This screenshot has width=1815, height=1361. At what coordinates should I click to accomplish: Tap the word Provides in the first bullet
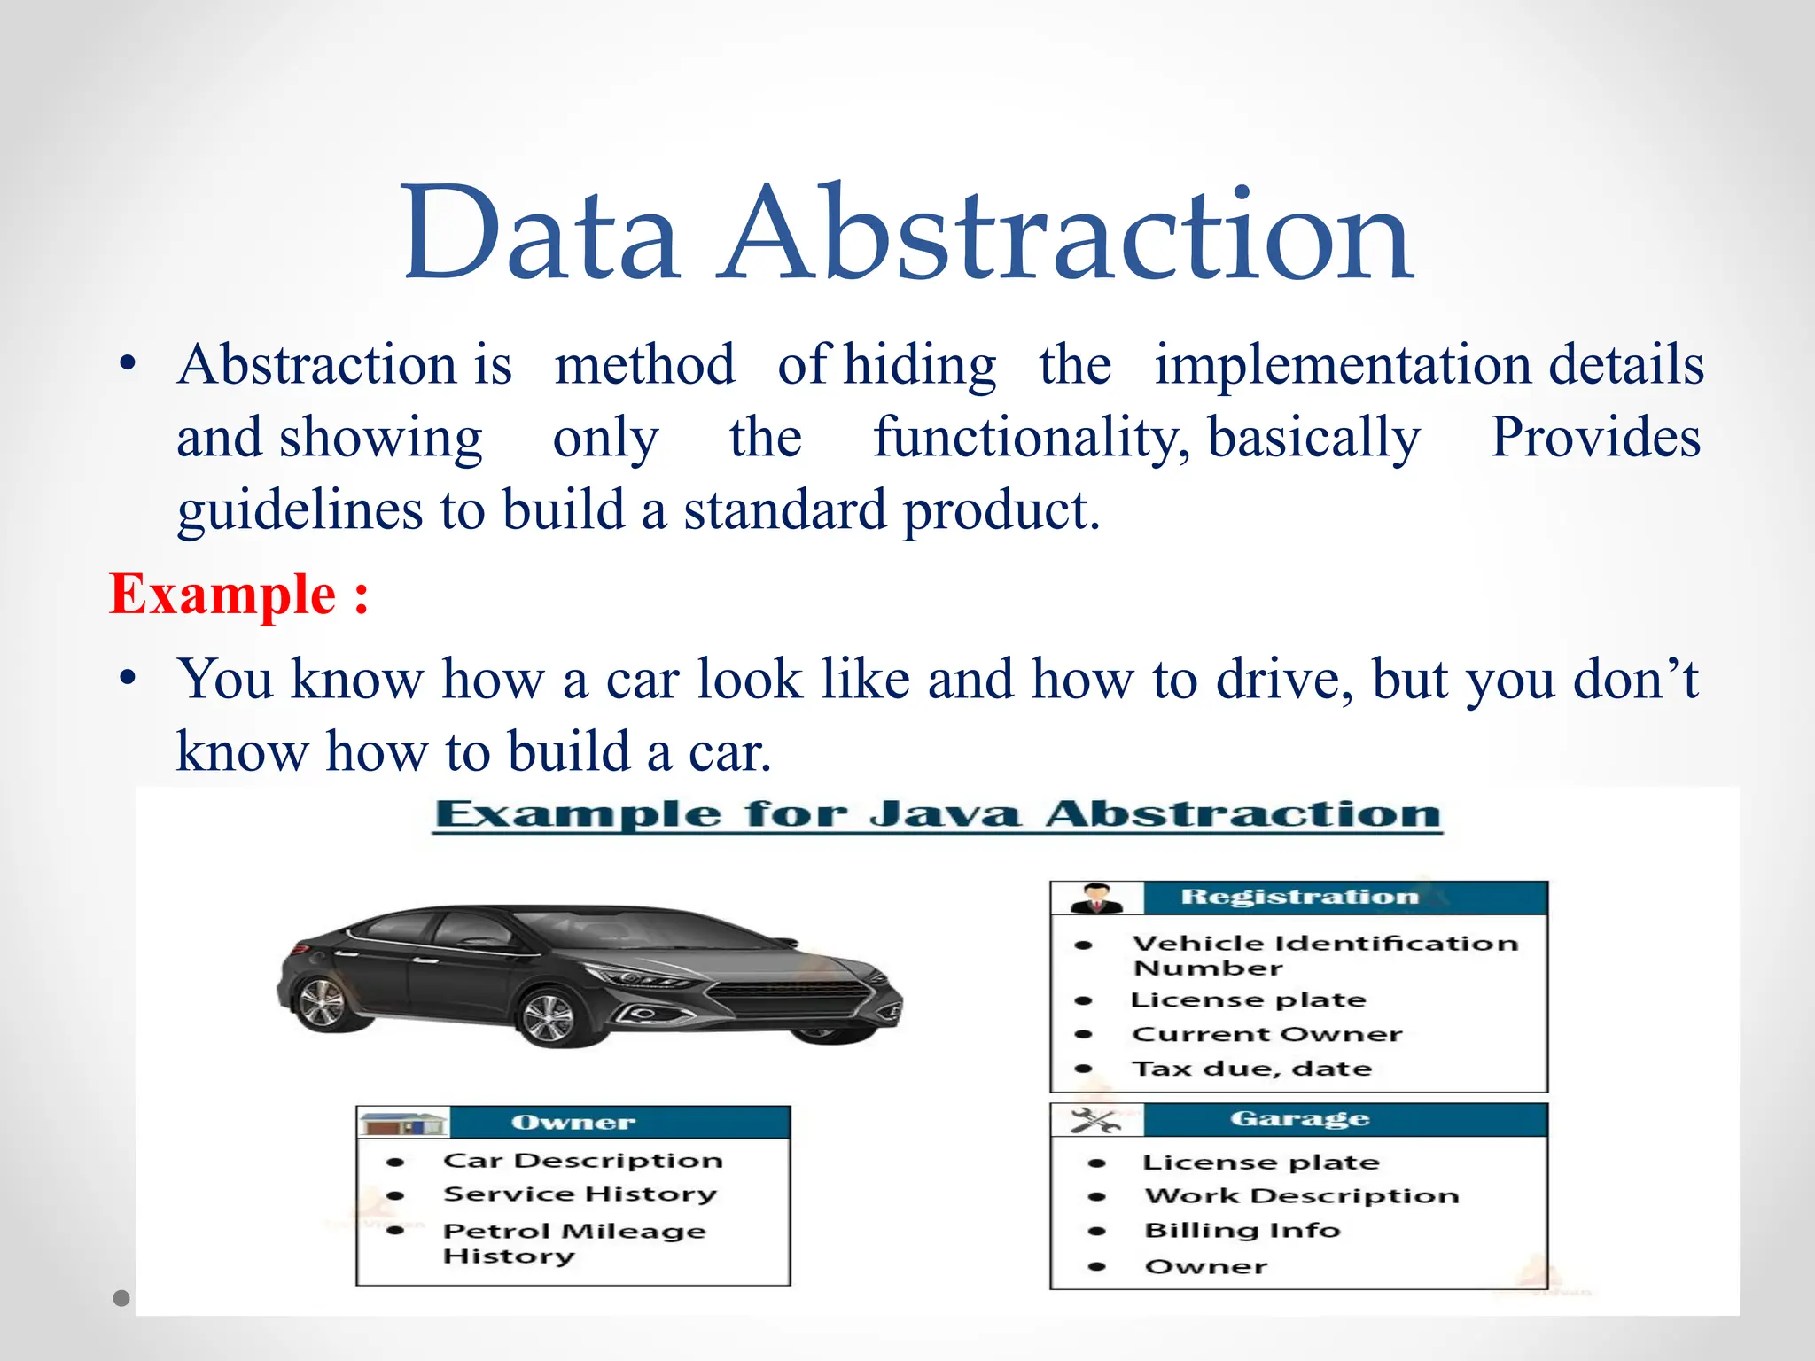click(x=1595, y=437)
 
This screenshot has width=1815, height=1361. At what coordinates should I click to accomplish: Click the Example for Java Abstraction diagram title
click(x=938, y=814)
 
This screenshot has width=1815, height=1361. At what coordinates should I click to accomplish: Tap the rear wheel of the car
click(x=320, y=1003)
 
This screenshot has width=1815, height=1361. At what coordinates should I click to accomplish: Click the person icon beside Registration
click(x=1096, y=898)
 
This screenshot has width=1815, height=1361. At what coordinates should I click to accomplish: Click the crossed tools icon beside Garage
click(x=1096, y=1120)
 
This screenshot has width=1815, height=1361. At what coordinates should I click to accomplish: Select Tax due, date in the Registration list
click(x=1251, y=1069)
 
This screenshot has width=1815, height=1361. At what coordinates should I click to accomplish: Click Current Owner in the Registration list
click(x=1267, y=1034)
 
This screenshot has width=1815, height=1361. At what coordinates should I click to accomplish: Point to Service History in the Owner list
click(x=580, y=1194)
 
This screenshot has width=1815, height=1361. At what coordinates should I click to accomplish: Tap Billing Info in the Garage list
click(x=1242, y=1231)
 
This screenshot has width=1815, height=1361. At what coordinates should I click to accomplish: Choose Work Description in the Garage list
click(x=1301, y=1196)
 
